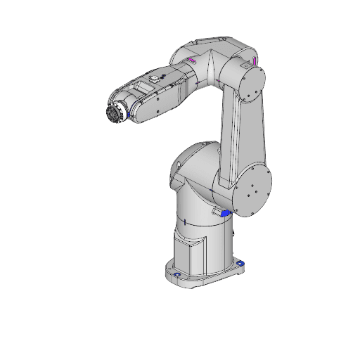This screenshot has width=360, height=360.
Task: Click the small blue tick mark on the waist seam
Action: click(x=184, y=221)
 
